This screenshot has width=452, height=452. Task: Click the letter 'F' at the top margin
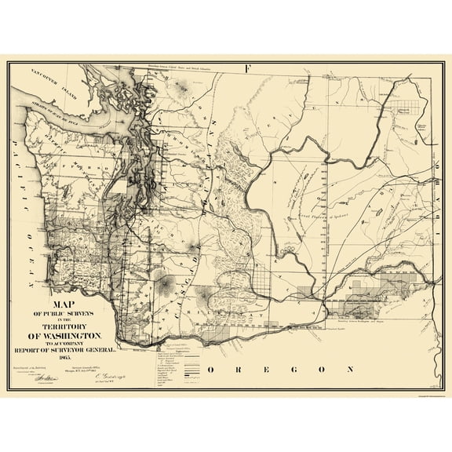pyautogui.click(x=247, y=68)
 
